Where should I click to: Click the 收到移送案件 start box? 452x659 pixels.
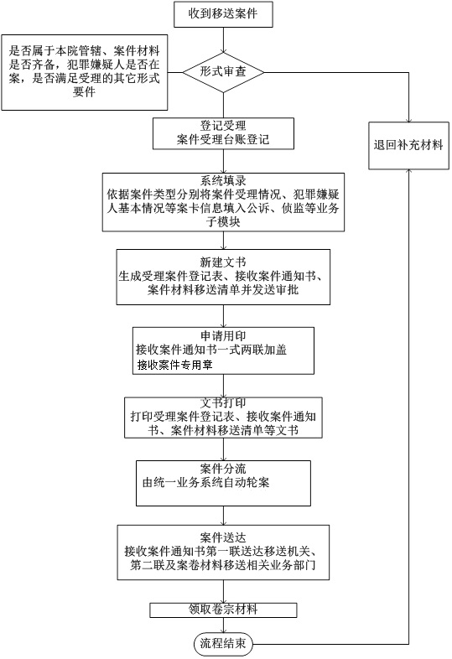point(223,15)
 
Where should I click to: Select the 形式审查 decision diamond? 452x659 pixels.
point(223,72)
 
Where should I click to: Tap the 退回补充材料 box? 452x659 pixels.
point(408,146)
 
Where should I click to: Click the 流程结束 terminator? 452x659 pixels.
point(223,643)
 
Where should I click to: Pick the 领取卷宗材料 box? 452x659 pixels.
point(223,610)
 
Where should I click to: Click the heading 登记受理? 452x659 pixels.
point(223,126)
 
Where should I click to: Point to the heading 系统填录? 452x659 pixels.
point(223,181)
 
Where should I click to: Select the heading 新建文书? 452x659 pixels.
point(223,262)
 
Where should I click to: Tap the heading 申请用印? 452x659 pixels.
point(223,336)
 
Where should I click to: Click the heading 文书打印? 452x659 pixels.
point(223,403)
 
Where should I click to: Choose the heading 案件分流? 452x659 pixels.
point(223,469)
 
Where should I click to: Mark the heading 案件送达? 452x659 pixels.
point(223,537)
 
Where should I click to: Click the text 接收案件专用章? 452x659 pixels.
point(175,365)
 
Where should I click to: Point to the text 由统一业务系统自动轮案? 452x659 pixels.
point(205,482)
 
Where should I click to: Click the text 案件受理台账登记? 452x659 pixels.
point(223,139)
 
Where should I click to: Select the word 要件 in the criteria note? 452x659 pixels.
point(84,91)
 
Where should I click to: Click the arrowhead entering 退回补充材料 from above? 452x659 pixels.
point(408,120)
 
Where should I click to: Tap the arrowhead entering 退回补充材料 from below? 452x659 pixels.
point(408,172)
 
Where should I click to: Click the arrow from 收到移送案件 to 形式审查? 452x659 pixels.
point(223,40)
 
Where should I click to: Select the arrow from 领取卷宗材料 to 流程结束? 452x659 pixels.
point(223,625)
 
